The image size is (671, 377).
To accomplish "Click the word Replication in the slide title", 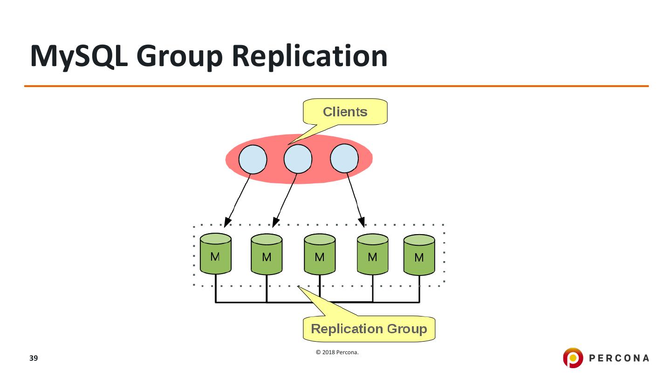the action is [310, 57].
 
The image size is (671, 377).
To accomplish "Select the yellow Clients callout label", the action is [345, 112].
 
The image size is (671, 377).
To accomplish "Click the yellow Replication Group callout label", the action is [369, 329].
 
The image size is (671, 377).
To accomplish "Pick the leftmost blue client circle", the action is [253, 160].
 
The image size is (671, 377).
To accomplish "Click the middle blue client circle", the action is [298, 159].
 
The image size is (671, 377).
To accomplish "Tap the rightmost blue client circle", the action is [344, 158].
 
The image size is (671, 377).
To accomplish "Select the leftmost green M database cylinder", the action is [216, 254].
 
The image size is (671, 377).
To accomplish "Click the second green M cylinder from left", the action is [267, 254].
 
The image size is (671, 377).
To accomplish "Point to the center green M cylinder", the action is [320, 254].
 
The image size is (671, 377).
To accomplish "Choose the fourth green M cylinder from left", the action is [373, 254].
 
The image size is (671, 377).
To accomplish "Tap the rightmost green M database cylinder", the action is [419, 255].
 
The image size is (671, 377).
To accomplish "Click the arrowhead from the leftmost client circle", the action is [227, 222].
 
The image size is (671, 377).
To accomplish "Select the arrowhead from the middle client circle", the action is [275, 222].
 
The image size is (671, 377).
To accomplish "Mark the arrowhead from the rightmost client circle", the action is [362, 222].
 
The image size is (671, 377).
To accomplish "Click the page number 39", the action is [34, 358].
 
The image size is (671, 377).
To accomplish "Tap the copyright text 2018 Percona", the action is [337, 352].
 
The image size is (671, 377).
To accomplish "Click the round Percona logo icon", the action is [573, 357].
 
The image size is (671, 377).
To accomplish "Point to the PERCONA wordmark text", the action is [619, 358].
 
